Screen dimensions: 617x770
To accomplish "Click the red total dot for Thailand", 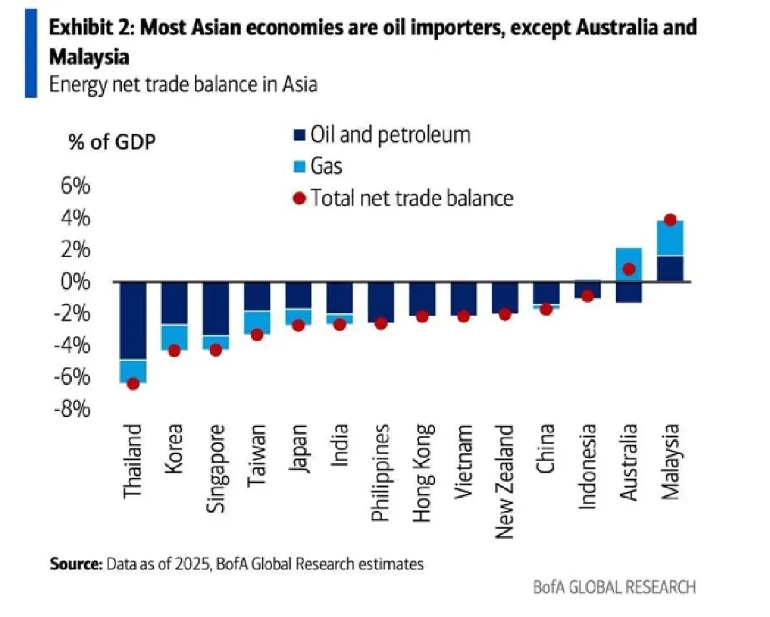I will click(x=133, y=384).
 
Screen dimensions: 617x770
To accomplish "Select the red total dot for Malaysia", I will click(x=670, y=220).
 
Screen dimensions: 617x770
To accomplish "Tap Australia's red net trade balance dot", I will click(x=629, y=269).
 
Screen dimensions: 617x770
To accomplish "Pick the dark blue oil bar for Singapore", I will click(x=216, y=308).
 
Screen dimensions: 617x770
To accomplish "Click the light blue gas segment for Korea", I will click(x=174, y=337).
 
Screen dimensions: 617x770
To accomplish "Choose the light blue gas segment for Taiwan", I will click(x=257, y=322).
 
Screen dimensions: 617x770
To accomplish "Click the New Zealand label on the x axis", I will click(x=504, y=471).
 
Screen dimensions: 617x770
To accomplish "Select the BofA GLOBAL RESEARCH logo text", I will click(x=614, y=586).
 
